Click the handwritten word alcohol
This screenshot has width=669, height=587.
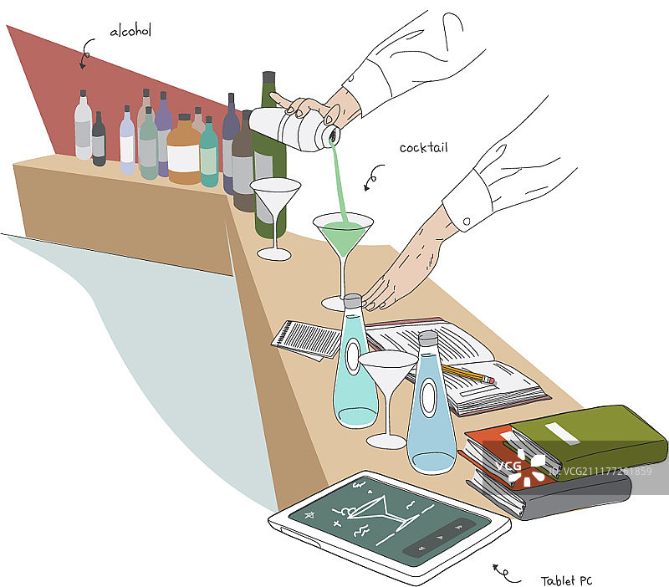pos(130,31)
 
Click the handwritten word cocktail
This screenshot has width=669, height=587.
pos(424,148)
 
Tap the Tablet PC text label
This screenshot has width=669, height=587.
pos(567,580)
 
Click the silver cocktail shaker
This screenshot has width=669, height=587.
pos(294,128)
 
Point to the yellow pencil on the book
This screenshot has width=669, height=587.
pos(468,373)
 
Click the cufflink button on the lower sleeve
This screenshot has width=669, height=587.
pos(467,222)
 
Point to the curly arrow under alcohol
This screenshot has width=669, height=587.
pos(86,54)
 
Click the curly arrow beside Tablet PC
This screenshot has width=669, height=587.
pos(506,574)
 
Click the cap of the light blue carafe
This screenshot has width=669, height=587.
pos(428,339)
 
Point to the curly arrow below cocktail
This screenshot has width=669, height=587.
pos(372,176)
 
